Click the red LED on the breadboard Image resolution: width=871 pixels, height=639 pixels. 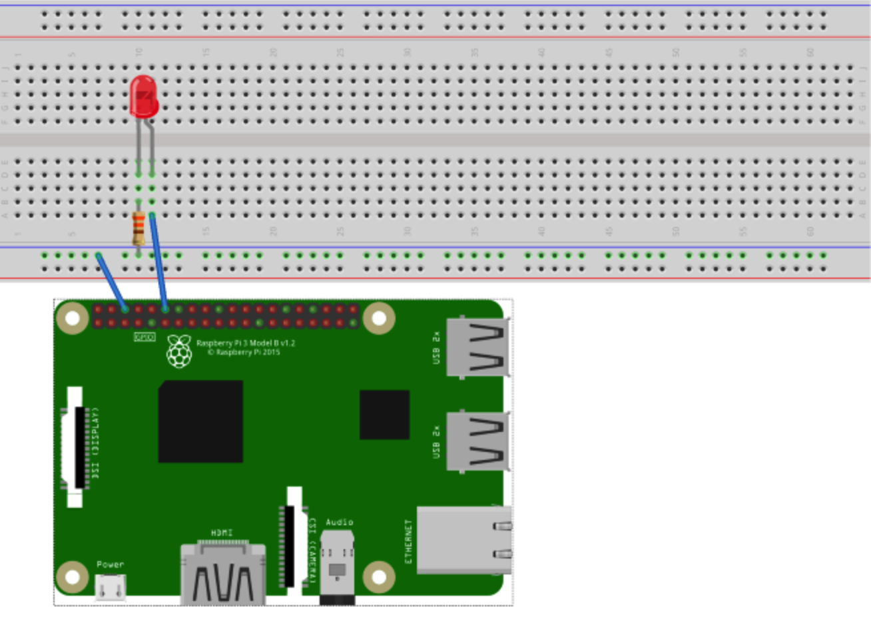(143, 97)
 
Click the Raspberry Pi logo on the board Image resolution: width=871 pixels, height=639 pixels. (179, 351)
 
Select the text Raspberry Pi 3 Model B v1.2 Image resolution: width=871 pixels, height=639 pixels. (245, 343)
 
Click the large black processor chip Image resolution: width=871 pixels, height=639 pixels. (200, 421)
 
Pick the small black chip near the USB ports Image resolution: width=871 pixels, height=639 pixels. (384, 415)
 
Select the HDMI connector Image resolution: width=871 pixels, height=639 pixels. (223, 574)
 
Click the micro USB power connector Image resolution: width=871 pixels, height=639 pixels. (111, 588)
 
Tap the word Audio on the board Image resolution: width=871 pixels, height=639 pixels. (339, 523)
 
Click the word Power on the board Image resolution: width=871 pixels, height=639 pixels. (110, 564)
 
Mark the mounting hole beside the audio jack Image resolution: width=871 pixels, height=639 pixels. (378, 576)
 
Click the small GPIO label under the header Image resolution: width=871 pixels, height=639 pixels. (145, 337)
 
